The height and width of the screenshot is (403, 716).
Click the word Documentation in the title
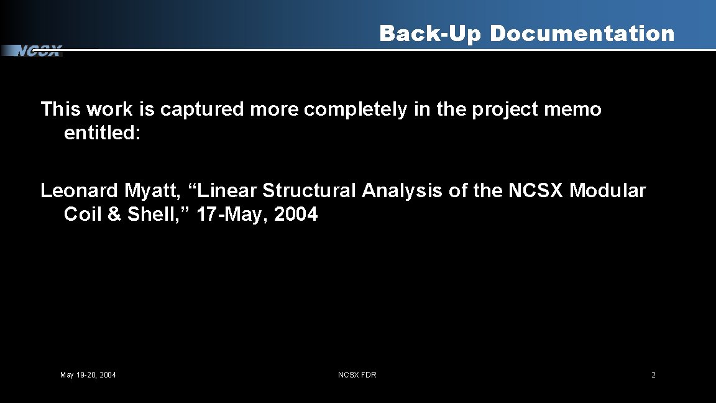click(582, 34)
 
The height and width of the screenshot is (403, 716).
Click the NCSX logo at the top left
click(37, 51)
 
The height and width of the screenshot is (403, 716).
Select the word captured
click(203, 109)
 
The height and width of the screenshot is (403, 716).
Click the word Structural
click(309, 190)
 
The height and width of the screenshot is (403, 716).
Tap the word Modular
click(607, 190)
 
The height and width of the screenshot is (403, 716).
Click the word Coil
click(83, 215)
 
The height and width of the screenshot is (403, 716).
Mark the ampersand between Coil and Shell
click(114, 215)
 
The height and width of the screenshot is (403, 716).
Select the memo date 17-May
click(232, 215)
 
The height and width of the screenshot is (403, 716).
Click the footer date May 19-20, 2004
click(88, 375)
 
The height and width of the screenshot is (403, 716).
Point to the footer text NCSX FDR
click(357, 375)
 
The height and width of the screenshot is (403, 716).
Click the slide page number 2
click(653, 375)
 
